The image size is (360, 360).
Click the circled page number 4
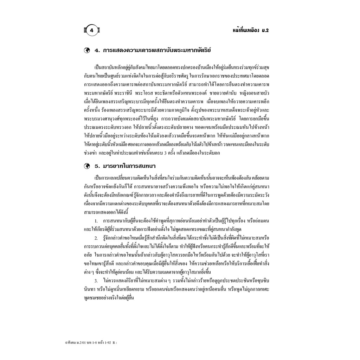[x=92, y=31]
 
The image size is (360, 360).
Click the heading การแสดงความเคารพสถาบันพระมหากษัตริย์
[x=156, y=50]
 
